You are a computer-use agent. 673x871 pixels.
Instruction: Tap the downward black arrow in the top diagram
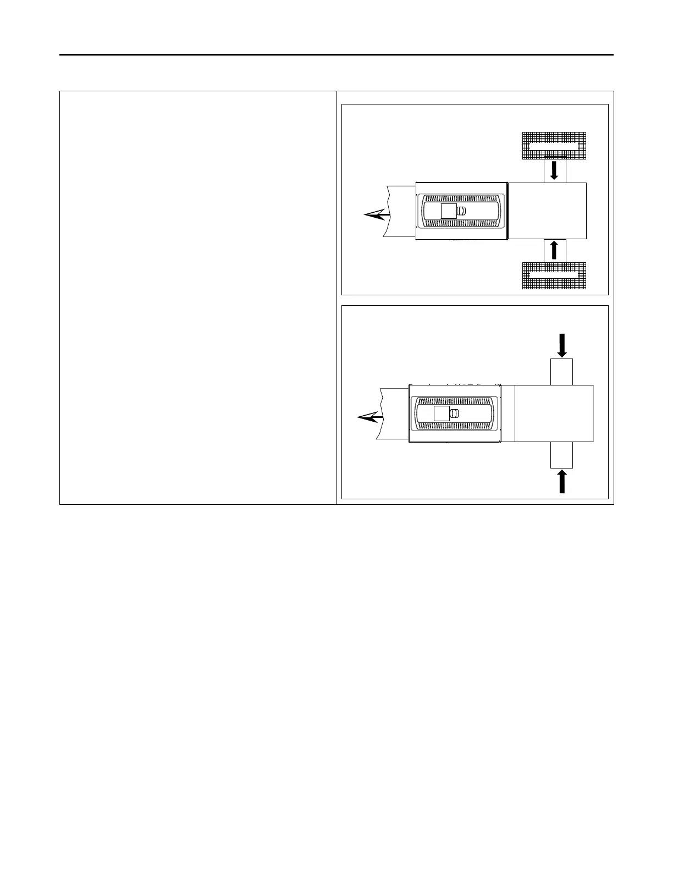(554, 170)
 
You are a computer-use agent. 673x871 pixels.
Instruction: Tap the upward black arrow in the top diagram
(554, 250)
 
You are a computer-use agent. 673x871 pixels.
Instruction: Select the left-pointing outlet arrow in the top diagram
(377, 216)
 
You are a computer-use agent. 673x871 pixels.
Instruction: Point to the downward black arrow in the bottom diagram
(561, 345)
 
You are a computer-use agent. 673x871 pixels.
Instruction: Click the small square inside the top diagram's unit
(449, 211)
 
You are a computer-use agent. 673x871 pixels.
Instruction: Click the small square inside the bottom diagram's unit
(442, 414)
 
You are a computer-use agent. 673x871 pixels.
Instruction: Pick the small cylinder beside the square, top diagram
(461, 211)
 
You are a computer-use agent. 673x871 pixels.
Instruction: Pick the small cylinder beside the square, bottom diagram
(454, 414)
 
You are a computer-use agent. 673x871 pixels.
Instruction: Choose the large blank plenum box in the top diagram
(548, 211)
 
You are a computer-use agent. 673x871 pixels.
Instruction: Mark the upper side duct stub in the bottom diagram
(561, 372)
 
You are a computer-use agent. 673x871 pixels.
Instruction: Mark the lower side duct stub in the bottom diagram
(561, 455)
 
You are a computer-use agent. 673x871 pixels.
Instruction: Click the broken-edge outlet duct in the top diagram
(401, 211)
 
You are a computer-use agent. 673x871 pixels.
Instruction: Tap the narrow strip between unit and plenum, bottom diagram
(507, 414)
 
